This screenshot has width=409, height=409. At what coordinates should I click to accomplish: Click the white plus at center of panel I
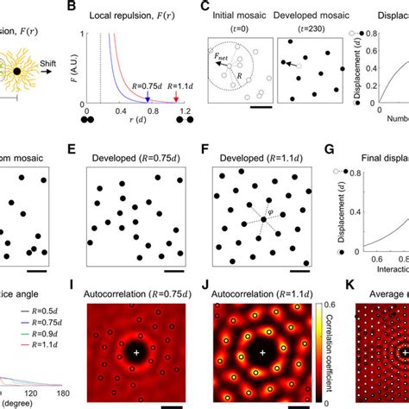pyautogui.click(x=135, y=352)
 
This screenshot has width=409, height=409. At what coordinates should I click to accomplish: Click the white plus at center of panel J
pyautogui.click(x=261, y=352)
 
